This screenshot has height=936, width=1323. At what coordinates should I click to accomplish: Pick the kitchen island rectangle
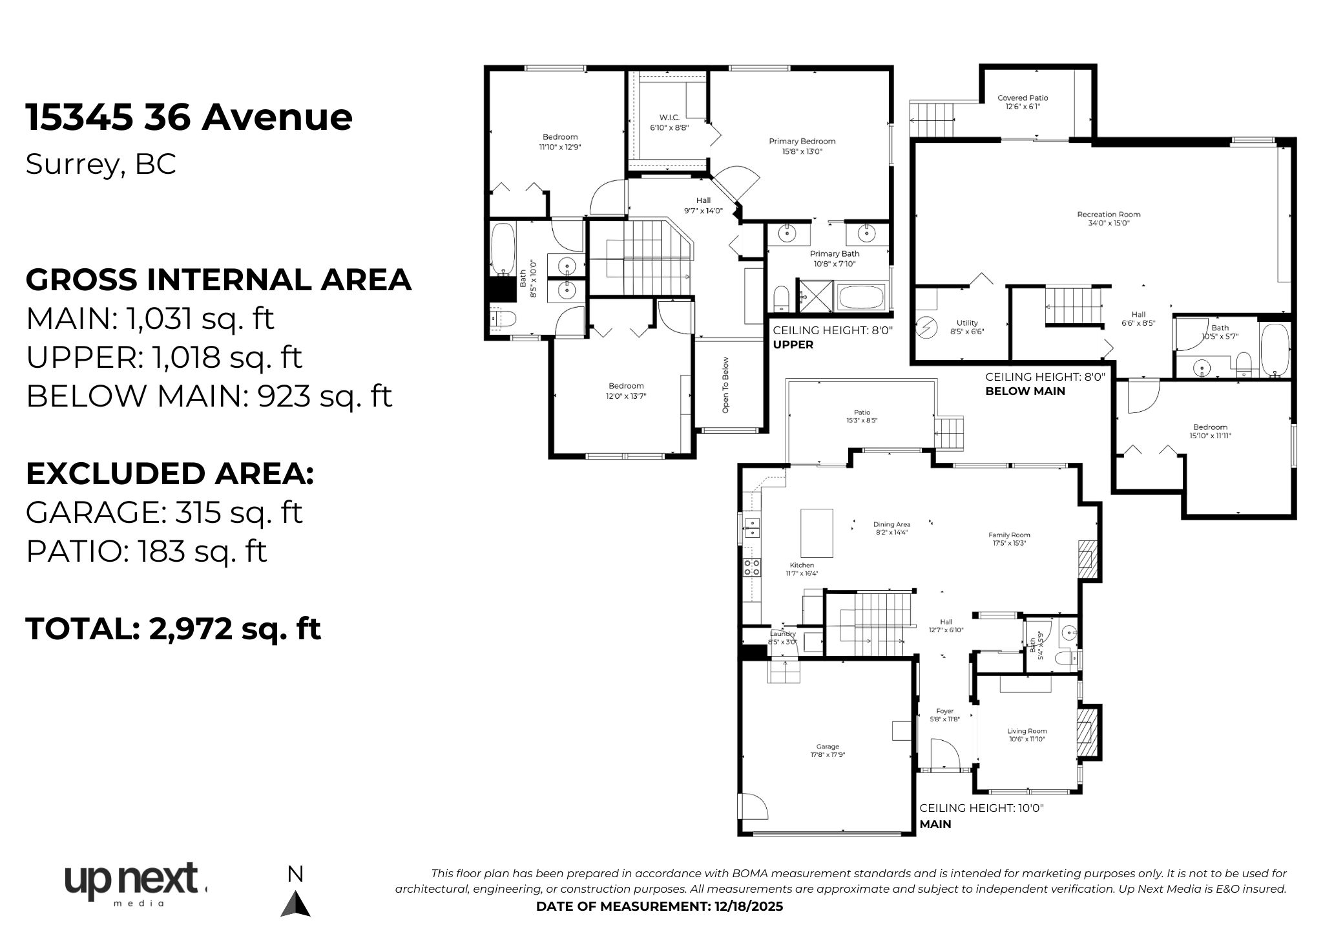click(x=817, y=533)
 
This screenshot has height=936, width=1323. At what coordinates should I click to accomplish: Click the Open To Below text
click(x=725, y=385)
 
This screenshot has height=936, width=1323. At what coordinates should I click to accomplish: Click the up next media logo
click(x=134, y=883)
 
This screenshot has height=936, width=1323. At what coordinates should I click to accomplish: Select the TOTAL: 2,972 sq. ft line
click(x=173, y=628)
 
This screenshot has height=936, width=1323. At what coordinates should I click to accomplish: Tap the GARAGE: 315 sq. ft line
click(x=164, y=513)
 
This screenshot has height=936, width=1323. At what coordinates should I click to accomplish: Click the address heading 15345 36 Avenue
click(x=189, y=118)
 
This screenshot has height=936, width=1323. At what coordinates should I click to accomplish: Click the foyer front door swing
click(x=944, y=754)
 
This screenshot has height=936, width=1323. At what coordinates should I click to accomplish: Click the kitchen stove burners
click(x=751, y=568)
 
